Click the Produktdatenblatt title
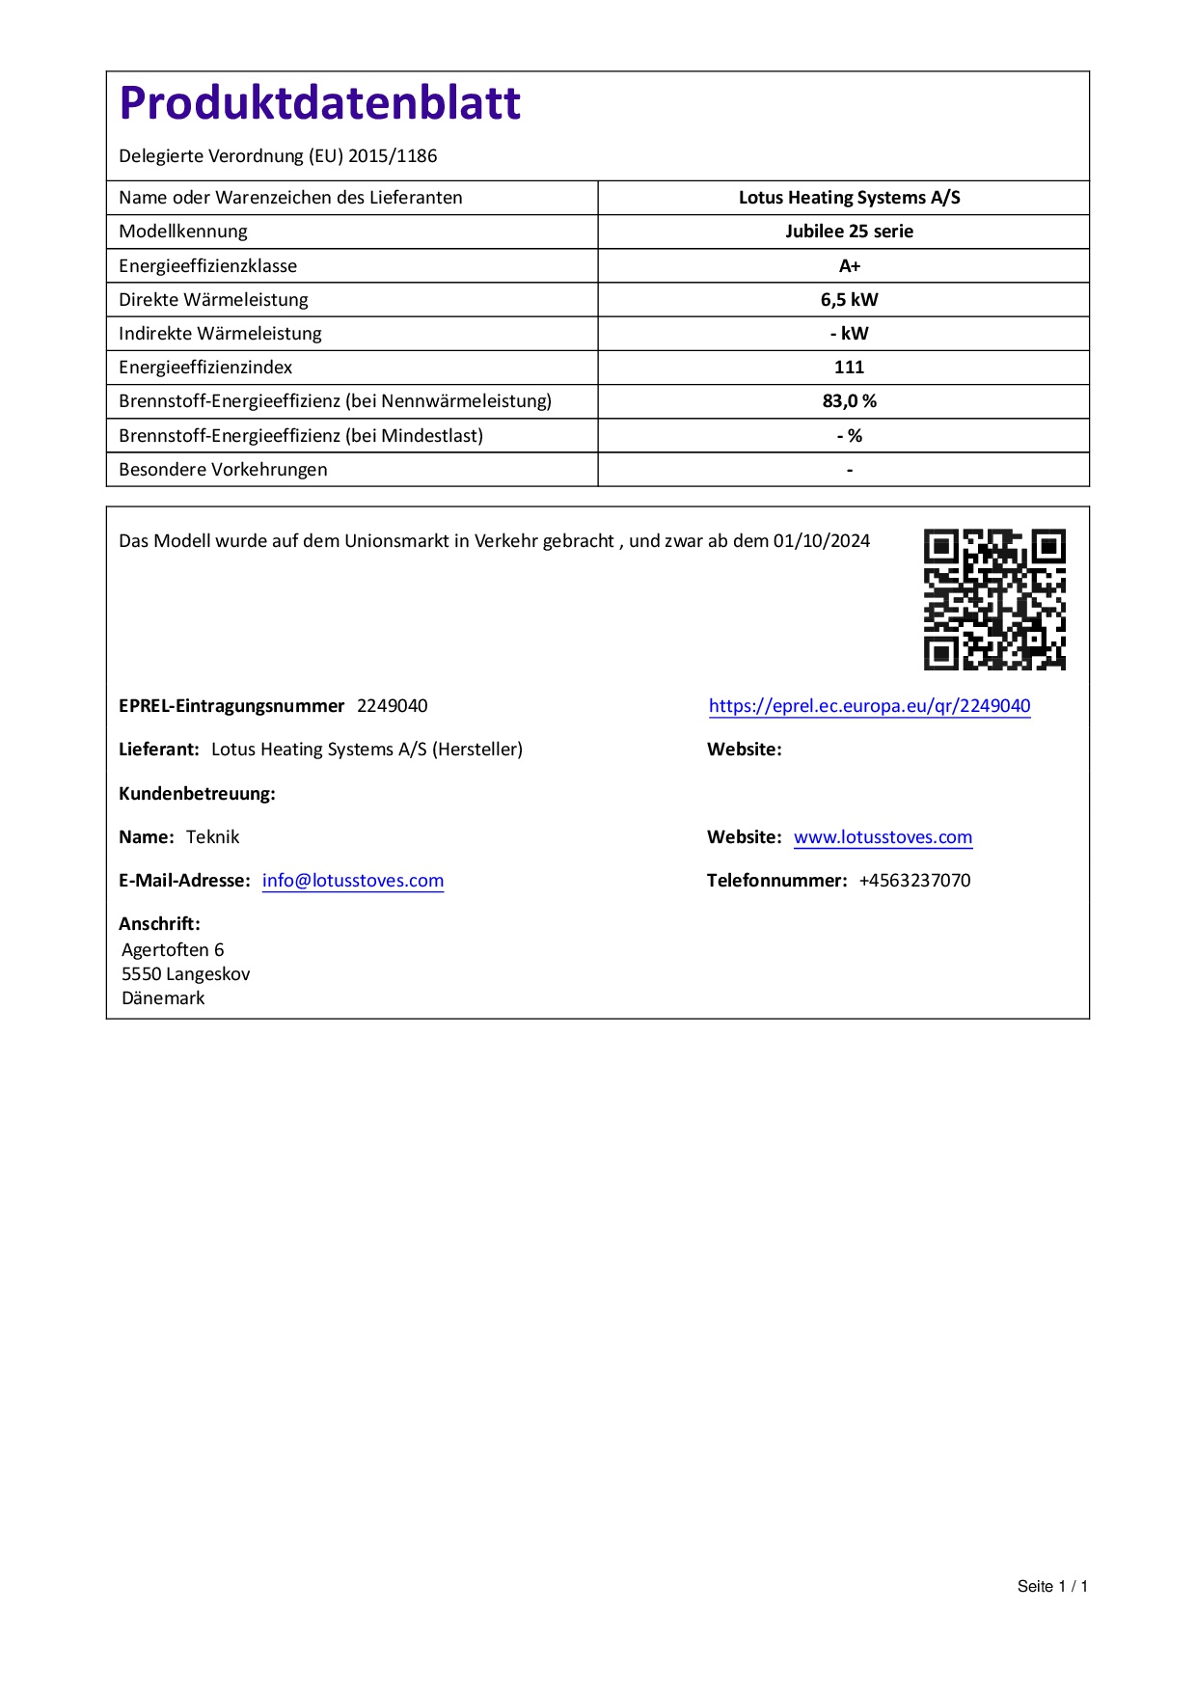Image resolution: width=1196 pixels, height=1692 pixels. pos(319,103)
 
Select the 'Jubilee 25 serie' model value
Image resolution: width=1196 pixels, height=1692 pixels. pos(849,232)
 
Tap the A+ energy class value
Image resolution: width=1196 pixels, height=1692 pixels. pos(849,266)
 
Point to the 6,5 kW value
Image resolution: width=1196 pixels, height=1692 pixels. pos(849,300)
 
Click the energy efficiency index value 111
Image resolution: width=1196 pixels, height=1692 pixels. pos(849,368)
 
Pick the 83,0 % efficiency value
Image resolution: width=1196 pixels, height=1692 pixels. pos(849,401)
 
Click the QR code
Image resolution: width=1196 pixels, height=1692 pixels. pos(994,599)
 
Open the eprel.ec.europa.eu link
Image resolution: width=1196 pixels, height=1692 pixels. pos(869,706)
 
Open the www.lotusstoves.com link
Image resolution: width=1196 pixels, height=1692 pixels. pos(883,837)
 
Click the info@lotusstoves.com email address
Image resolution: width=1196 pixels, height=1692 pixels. pos(353,881)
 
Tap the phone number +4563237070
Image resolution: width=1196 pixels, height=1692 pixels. pos(914,881)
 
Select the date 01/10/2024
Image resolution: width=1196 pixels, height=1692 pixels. pos(822,541)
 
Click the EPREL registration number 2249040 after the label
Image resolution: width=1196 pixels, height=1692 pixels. pos(393,706)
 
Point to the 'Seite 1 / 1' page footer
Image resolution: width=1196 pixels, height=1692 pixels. pos(1052,1587)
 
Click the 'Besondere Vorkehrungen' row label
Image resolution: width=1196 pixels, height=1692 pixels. pos(223,470)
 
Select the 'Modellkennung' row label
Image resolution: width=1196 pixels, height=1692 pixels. pos(183,232)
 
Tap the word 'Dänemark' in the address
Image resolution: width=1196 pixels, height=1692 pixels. pos(163,998)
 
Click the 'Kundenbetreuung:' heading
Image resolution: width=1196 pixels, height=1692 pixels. pos(197,794)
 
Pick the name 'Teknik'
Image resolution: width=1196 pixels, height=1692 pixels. pos(212,837)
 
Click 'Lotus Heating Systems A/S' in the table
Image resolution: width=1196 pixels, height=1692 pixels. pos(849,198)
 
